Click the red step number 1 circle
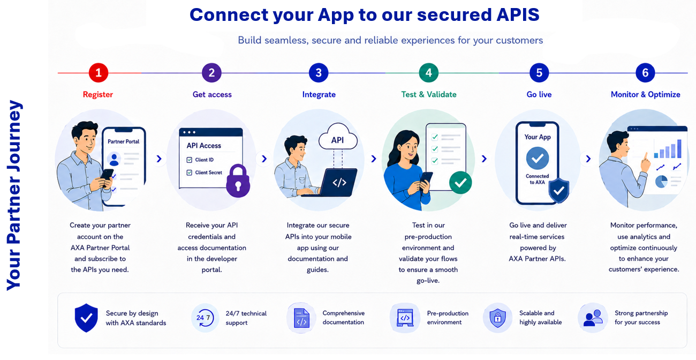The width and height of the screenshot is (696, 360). click(x=99, y=73)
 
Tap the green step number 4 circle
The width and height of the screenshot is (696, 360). click(x=428, y=73)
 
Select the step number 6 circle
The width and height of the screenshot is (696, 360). click(x=645, y=73)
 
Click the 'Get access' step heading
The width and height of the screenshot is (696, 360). click(x=212, y=94)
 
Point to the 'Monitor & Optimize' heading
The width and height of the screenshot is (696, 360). click(x=645, y=94)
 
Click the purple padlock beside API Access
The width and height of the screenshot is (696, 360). click(x=238, y=181)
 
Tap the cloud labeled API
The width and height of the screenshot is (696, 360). click(x=338, y=137)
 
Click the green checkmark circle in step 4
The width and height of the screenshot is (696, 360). click(x=460, y=183)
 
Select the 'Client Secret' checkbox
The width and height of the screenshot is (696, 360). click(x=189, y=172)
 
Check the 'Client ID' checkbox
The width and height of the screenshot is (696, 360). click(x=189, y=160)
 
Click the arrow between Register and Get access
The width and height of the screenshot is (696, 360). click(x=159, y=159)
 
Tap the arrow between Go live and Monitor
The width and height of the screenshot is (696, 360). click(x=588, y=159)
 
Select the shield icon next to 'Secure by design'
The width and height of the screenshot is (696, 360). click(x=86, y=318)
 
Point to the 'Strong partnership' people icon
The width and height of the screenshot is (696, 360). click(x=593, y=318)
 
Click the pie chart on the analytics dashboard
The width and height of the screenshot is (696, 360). click(x=661, y=182)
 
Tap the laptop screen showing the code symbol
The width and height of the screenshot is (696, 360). click(x=339, y=182)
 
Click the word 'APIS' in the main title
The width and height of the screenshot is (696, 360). click(x=518, y=14)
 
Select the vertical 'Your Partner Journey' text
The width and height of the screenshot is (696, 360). click(x=14, y=195)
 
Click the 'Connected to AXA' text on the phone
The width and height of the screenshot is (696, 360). click(x=537, y=179)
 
